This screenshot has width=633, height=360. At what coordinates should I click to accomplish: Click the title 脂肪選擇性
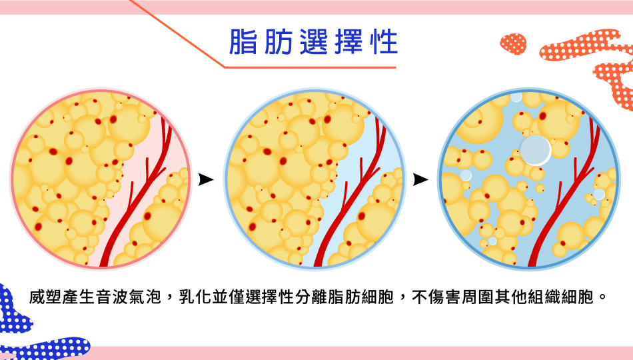coord(314,41)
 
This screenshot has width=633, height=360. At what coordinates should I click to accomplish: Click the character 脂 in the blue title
coord(243,41)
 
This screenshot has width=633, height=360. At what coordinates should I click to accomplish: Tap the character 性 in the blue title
coord(384,41)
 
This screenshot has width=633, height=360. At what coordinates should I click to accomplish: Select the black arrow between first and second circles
coord(205,179)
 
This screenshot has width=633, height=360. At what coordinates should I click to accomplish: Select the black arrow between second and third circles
coord(420,179)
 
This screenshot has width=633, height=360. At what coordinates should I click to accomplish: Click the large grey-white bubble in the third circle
coord(536,150)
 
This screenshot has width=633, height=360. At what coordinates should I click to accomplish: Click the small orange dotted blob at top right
coord(513,43)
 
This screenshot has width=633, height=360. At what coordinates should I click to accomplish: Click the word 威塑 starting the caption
coord(45,297)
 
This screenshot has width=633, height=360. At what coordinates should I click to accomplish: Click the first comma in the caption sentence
coord(169,300)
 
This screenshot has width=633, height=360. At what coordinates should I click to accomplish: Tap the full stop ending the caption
coord(602,297)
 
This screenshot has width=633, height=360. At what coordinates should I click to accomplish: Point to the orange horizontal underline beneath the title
coord(310,67)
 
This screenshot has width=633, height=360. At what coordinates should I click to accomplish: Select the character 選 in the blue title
coord(314,41)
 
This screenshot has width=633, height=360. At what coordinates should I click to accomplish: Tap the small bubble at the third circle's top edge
coord(516,97)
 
